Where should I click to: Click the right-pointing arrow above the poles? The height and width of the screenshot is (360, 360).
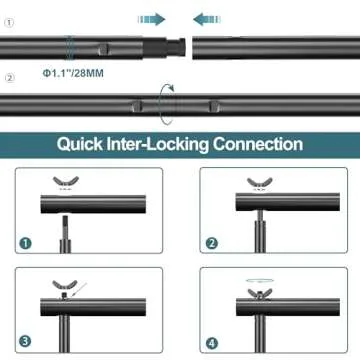pos(152,19)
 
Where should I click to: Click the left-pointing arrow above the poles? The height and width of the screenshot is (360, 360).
pos(207,19)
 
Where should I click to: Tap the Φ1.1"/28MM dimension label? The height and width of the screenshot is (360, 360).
pos(73,73)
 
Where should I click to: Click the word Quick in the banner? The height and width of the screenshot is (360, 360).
pos(80,145)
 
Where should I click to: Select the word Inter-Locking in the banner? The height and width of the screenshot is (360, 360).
pos(158,145)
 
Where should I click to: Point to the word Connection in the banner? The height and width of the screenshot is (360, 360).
pos(258,144)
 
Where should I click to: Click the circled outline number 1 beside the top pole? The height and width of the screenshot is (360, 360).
pos(10,23)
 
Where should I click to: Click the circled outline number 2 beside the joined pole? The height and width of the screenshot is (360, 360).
pos(10,78)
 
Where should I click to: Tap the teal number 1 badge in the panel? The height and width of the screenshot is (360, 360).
pos(26,243)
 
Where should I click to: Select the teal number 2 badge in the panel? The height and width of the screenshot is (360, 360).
pos(211,244)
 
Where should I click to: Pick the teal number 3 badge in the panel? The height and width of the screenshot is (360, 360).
pos(26,341)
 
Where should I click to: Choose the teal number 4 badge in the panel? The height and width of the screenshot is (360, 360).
pos(211,342)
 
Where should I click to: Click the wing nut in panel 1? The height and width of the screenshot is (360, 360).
pos(66,182)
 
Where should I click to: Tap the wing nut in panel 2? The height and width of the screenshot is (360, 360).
pos(260,183)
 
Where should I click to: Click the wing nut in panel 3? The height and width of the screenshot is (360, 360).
pos(65,285)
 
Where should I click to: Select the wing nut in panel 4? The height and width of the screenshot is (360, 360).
pos(260,293)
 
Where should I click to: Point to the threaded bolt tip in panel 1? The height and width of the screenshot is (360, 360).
pos(65,224)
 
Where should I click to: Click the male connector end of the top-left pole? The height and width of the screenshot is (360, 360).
pos(176,47)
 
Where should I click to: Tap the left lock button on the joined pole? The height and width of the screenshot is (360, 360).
pos(136,106)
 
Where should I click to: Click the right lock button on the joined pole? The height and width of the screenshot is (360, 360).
pos(214,106)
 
